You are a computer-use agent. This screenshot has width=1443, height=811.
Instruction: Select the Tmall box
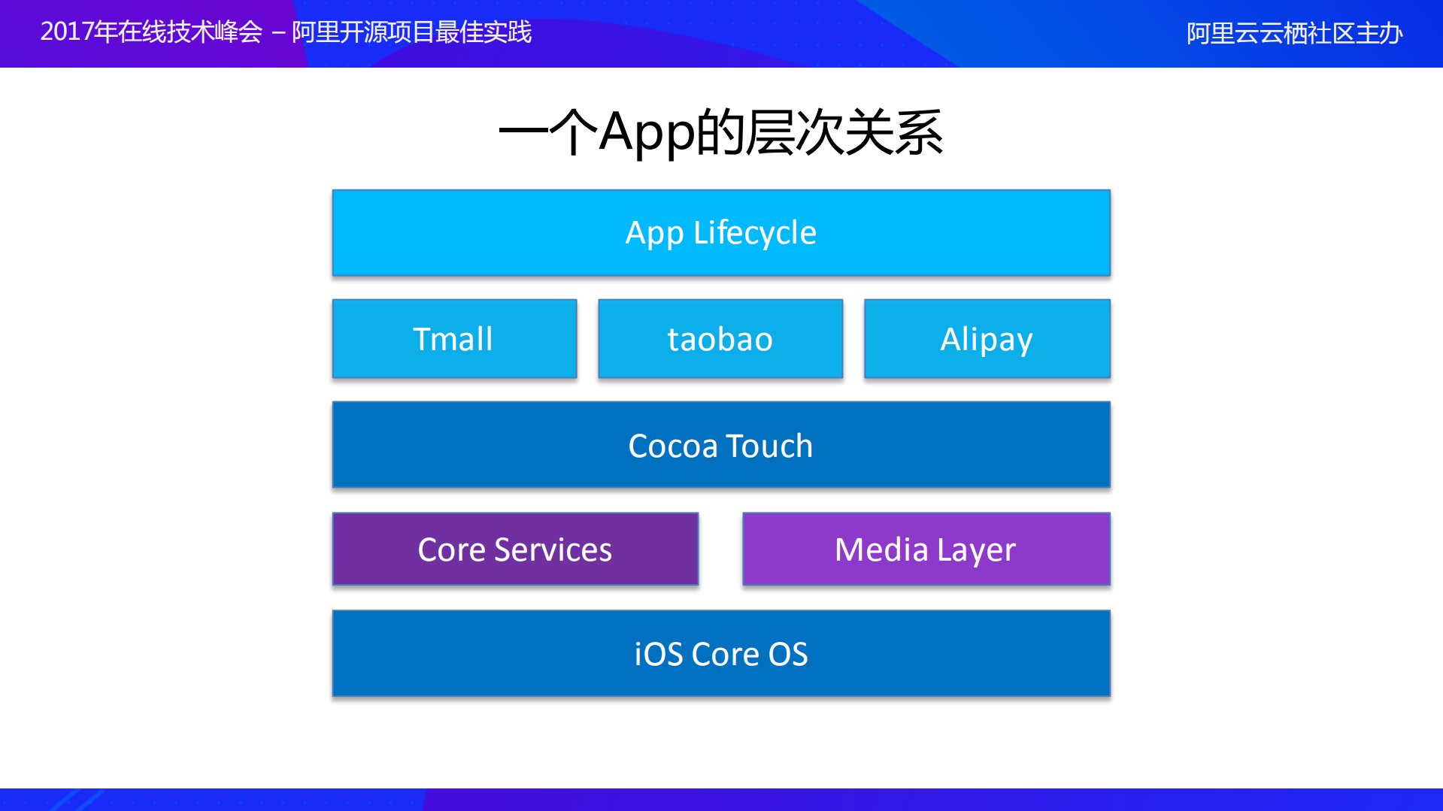pos(454,339)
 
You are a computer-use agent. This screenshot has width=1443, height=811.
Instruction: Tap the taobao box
pos(720,339)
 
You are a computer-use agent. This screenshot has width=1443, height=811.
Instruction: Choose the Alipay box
pos(987,339)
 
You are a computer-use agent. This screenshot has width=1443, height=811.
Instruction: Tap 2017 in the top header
pos(66,32)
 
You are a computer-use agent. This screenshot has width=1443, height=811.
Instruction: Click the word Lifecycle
pos(754,233)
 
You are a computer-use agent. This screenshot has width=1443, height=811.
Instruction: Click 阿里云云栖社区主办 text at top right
pos(1294,34)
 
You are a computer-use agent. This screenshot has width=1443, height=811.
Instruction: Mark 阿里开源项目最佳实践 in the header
pos(411,32)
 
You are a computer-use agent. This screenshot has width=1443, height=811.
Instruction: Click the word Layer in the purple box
pos(976,550)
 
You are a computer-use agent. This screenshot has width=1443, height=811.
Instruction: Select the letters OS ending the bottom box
pos(788,655)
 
